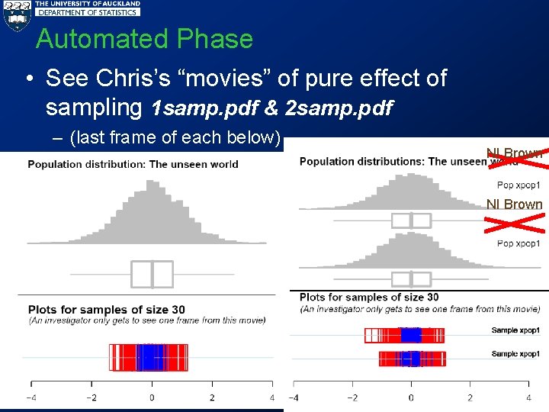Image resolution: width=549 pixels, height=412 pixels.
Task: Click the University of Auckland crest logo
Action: pyautogui.click(x=16, y=15)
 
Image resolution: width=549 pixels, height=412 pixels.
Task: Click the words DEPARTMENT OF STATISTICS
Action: pyautogui.click(x=88, y=12)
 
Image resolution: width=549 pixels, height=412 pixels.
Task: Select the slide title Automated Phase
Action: pyautogui.click(x=144, y=39)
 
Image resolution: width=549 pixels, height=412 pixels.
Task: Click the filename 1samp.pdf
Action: pyautogui.click(x=204, y=108)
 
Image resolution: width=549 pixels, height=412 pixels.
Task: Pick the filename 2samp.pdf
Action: pyautogui.click(x=339, y=108)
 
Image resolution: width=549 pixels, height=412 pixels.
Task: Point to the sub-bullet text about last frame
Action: pyautogui.click(x=175, y=138)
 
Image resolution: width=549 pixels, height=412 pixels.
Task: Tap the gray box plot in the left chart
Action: pyautogui.click(x=152, y=274)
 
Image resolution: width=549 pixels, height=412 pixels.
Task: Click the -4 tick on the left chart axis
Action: pyautogui.click(x=30, y=398)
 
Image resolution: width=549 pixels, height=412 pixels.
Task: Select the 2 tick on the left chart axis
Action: pyautogui.click(x=212, y=398)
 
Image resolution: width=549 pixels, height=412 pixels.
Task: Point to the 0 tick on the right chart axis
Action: pyautogui.click(x=411, y=398)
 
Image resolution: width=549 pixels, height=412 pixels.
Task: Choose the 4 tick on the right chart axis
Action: pyautogui.click(x=528, y=398)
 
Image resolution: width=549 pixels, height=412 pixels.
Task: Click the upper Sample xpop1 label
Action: pyautogui.click(x=515, y=330)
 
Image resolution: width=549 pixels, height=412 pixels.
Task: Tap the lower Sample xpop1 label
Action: pyautogui.click(x=515, y=353)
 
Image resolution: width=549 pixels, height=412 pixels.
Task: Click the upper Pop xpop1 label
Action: pyautogui.click(x=518, y=185)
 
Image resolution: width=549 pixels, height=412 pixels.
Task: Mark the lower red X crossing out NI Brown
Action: pyautogui.click(x=515, y=222)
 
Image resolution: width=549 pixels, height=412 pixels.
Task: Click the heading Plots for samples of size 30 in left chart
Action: pyautogui.click(x=107, y=310)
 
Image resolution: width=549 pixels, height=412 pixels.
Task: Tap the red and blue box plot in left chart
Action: pyautogui.click(x=149, y=357)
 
